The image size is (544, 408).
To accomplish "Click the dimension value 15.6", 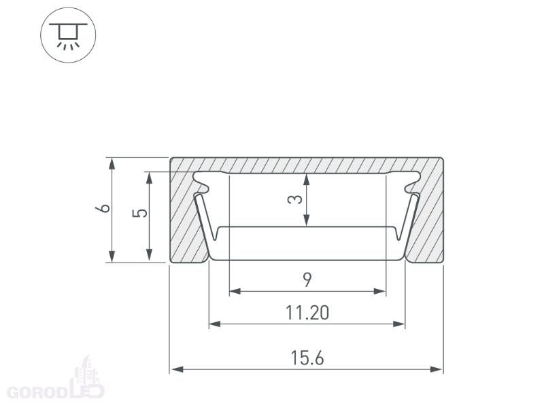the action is tap(307, 358).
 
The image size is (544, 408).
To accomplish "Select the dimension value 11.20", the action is tap(307, 313).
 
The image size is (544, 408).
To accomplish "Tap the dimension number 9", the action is tap(307, 280).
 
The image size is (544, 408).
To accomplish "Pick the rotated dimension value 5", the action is tap(140, 213).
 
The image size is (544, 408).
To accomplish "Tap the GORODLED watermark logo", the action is tap(56, 380).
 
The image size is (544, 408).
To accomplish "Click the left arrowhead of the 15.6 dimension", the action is tap(177, 369).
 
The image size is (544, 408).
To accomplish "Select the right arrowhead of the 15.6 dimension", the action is tap(436, 369).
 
